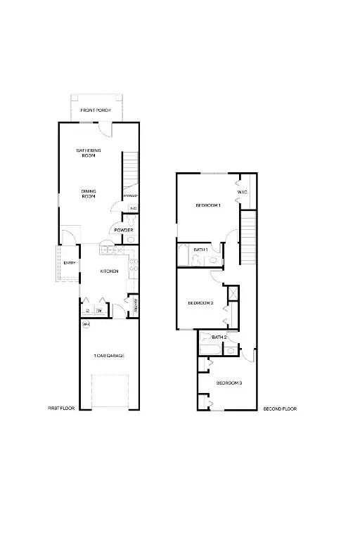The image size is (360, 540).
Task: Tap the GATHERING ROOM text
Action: tap(89, 153)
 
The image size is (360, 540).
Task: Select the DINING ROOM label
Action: tap(89, 193)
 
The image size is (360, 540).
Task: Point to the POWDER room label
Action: tap(124, 230)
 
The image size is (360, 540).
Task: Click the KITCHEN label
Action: tap(109, 271)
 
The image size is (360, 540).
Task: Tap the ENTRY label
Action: tap(70, 263)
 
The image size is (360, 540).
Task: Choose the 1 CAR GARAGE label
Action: tap(109, 356)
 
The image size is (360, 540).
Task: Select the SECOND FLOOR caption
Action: tap(280, 409)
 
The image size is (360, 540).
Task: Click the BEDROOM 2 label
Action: tap(200, 303)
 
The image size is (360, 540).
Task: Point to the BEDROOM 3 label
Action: tap(229, 382)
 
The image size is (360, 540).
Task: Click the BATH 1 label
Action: tap(200, 250)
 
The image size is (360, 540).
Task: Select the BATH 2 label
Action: tap(219, 337)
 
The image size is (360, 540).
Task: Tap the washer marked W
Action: tap(99, 310)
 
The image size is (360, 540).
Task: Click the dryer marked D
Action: tap(87, 310)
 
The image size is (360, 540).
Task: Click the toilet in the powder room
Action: tap(129, 240)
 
